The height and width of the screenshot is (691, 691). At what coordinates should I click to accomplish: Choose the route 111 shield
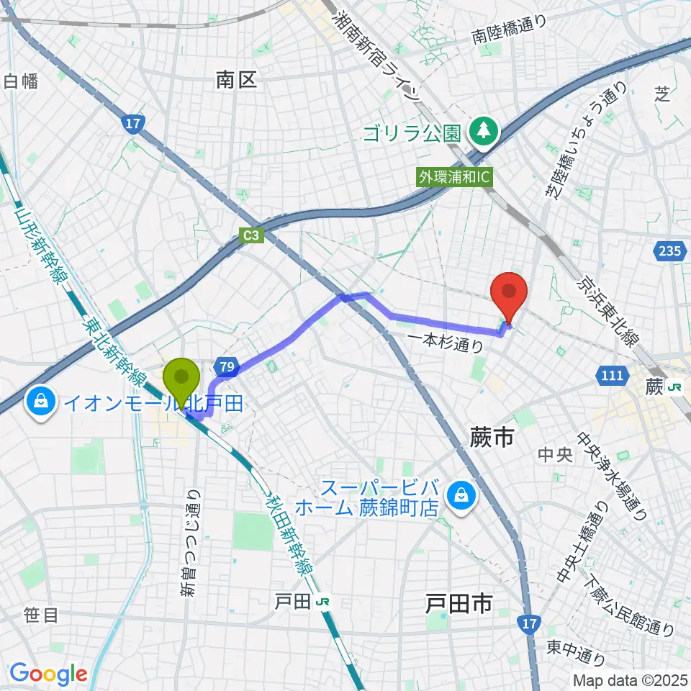click(x=609, y=374)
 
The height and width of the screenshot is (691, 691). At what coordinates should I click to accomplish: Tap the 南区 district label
click(x=236, y=80)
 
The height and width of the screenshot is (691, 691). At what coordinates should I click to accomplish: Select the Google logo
click(x=48, y=674)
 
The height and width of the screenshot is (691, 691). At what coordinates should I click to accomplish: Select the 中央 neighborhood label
click(x=555, y=455)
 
